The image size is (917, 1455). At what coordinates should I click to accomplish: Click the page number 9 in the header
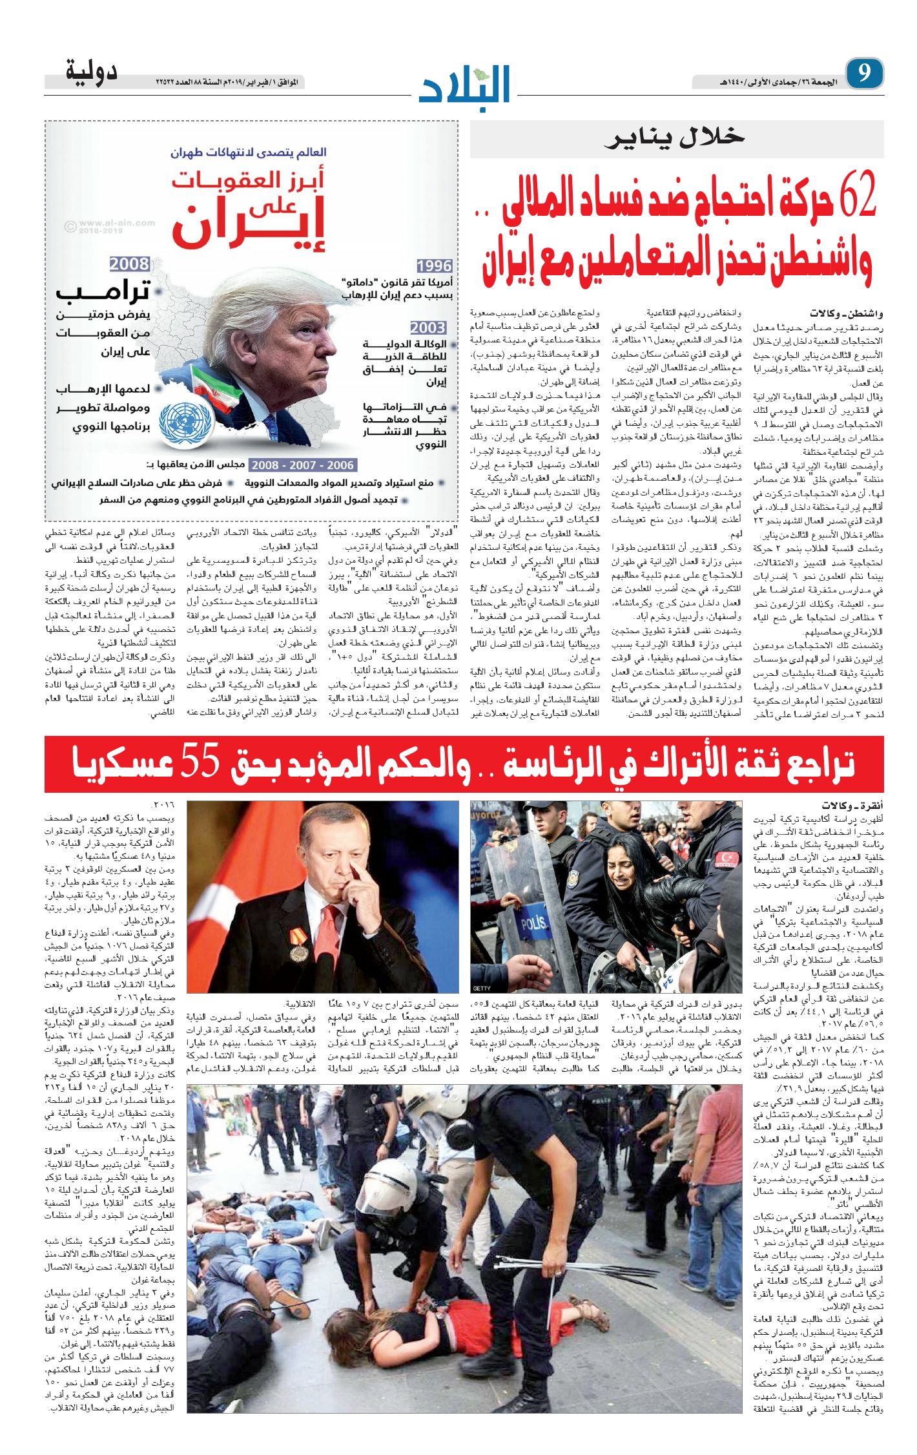point(863,73)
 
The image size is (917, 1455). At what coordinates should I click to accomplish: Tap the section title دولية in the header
point(91,71)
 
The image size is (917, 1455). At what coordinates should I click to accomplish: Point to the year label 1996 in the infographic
point(434,266)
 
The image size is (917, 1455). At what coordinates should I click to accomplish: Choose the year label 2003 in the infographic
point(428,328)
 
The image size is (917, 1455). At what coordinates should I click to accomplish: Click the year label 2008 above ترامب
point(129,264)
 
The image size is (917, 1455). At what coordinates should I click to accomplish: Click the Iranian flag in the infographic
point(214,388)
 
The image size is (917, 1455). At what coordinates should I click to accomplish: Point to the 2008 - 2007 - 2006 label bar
point(302,465)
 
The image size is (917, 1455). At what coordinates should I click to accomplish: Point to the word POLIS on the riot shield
point(534,922)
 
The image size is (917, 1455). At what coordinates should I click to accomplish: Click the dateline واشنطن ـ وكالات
point(856,314)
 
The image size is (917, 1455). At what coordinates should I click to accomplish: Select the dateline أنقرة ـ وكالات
point(853,806)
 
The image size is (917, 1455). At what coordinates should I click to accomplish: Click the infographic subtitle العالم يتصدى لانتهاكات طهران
point(249,152)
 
